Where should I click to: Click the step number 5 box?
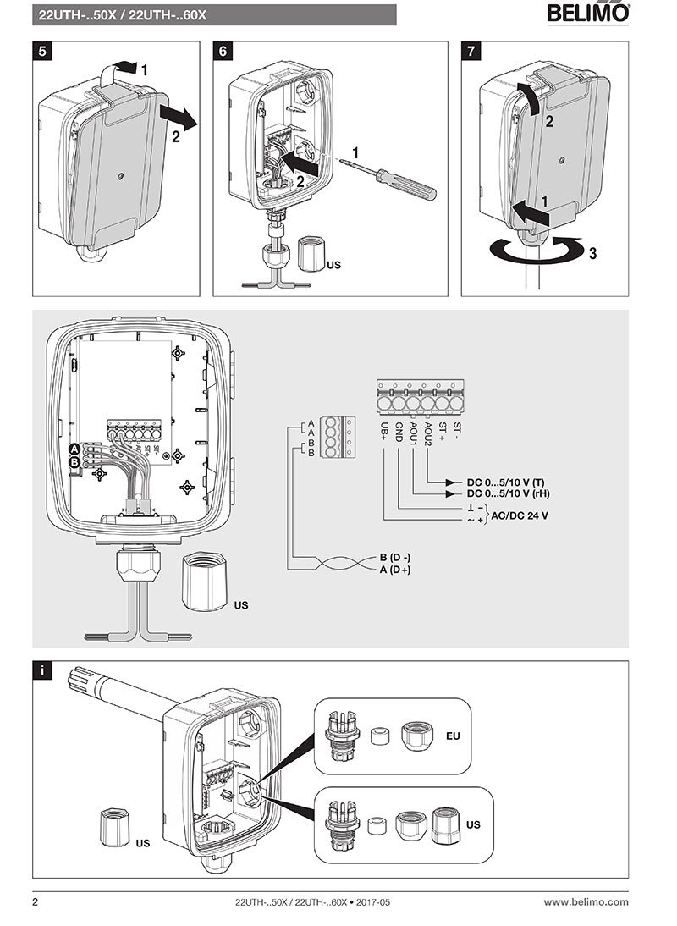coord(43,50)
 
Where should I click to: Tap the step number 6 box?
coord(223,50)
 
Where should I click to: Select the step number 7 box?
coord(471,50)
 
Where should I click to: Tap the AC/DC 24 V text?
coord(520,514)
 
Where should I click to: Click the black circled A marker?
coord(74,449)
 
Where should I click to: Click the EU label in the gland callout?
coord(453,736)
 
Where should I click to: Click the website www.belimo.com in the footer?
coord(586,902)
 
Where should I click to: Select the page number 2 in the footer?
coord(36,902)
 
